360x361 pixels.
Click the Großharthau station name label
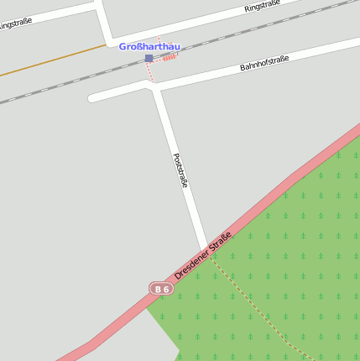149,47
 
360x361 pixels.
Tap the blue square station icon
149,58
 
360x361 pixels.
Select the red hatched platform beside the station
170,57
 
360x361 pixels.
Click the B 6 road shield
161,289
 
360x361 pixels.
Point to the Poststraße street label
180,170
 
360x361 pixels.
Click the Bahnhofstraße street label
264,63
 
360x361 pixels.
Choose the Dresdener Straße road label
203,258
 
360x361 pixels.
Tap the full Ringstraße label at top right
262,7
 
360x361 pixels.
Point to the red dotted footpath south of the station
151,73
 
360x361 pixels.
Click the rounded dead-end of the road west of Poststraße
92,97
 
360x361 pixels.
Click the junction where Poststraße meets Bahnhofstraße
155,87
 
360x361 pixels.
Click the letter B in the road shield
157,289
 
